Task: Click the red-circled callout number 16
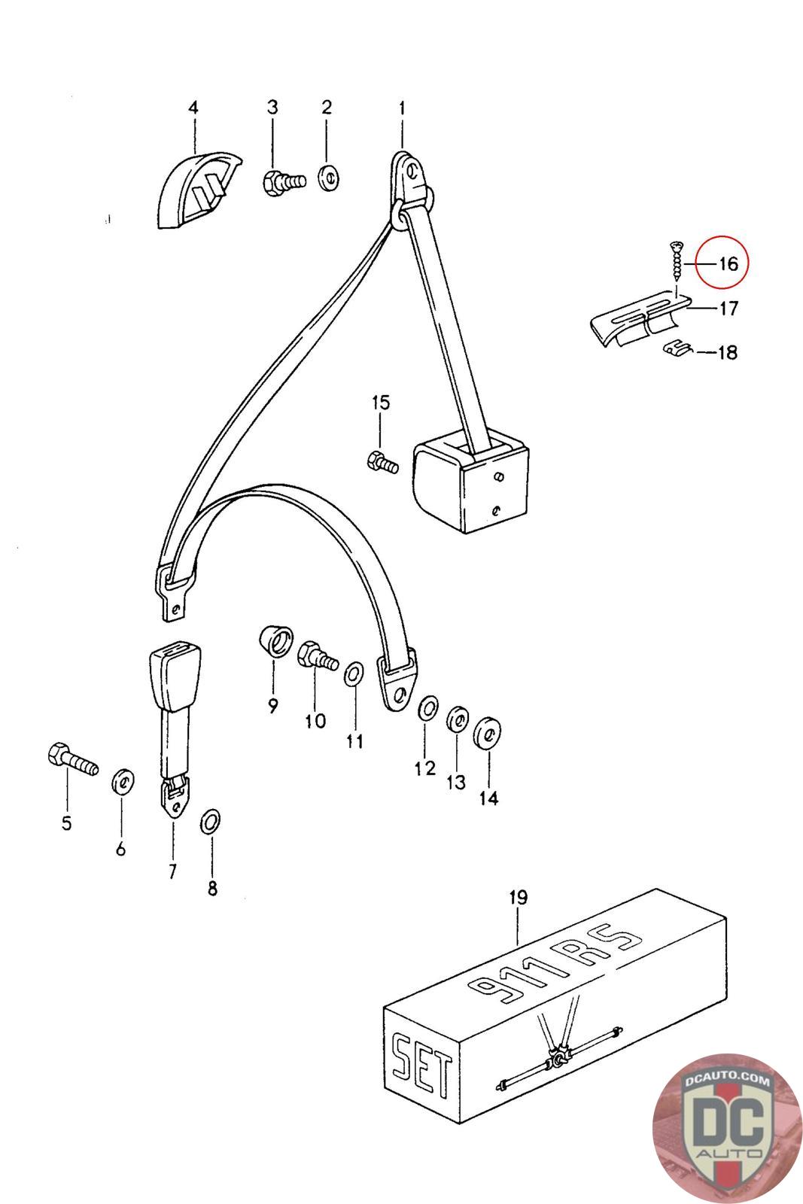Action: pos(728,264)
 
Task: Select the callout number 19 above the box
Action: pos(518,897)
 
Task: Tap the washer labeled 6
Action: pos(123,781)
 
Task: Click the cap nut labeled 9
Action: pos(275,641)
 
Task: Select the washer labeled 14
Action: pos(487,732)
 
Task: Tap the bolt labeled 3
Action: pos(284,181)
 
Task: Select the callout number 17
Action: pos(728,309)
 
